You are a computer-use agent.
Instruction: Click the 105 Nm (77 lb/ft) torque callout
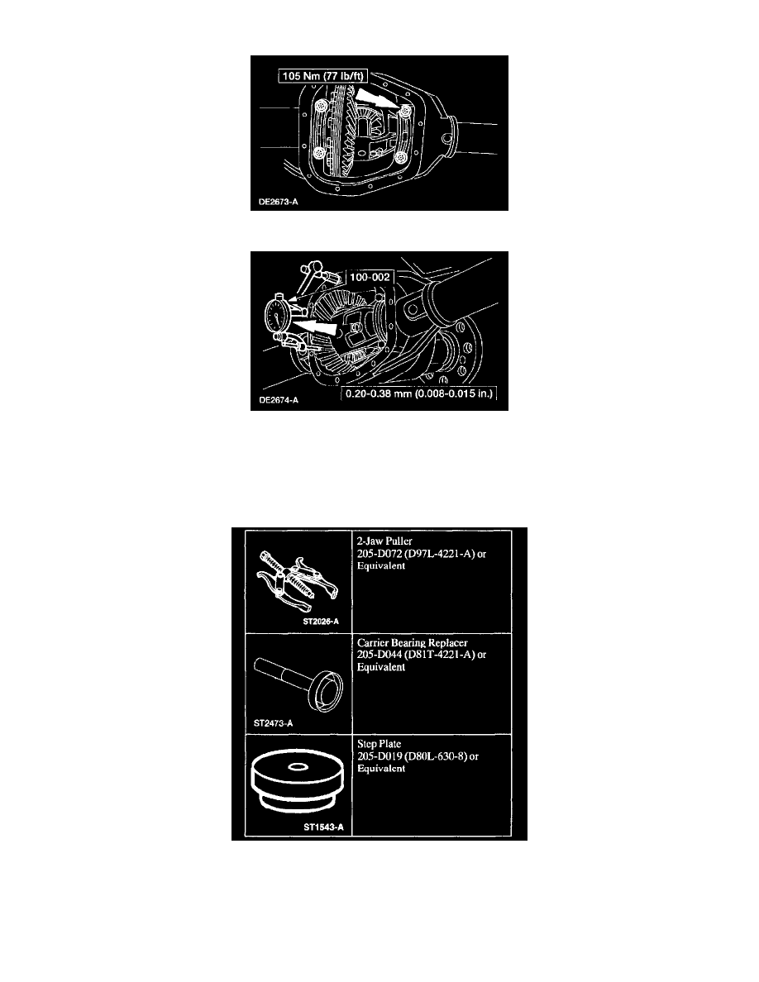(x=322, y=76)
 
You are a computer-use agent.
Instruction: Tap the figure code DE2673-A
(x=278, y=202)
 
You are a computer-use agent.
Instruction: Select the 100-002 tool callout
(x=370, y=277)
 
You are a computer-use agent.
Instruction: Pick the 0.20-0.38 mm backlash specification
(x=419, y=394)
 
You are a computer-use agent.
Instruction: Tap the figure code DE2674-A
(x=278, y=400)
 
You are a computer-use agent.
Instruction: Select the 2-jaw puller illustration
(x=297, y=578)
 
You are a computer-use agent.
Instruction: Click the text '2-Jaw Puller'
(x=384, y=541)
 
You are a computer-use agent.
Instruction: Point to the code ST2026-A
(x=321, y=622)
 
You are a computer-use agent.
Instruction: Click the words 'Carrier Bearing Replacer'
(x=412, y=642)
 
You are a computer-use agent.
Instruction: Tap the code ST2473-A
(x=273, y=722)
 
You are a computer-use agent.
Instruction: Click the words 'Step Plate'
(x=379, y=744)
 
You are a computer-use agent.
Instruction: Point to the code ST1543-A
(x=323, y=827)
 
